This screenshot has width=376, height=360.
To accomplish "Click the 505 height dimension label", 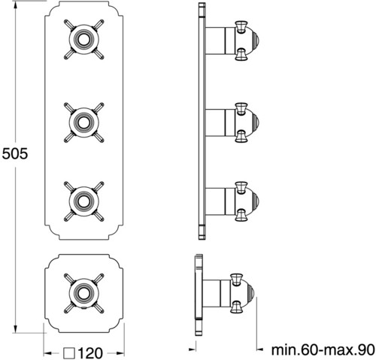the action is click(x=15, y=153).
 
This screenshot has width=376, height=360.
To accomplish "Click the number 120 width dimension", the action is click(x=90, y=353).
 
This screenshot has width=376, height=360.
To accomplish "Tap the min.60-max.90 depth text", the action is click(x=323, y=349).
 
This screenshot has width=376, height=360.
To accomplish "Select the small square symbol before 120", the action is click(x=69, y=353).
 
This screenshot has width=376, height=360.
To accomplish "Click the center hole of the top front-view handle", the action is click(x=83, y=40).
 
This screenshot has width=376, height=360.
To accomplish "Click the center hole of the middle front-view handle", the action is click(x=83, y=123).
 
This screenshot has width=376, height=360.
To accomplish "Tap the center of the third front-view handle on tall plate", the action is click(x=83, y=201).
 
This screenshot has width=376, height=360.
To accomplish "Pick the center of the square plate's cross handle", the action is click(x=83, y=293).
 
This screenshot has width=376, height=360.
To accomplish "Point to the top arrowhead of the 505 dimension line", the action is click(x=16, y=6).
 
